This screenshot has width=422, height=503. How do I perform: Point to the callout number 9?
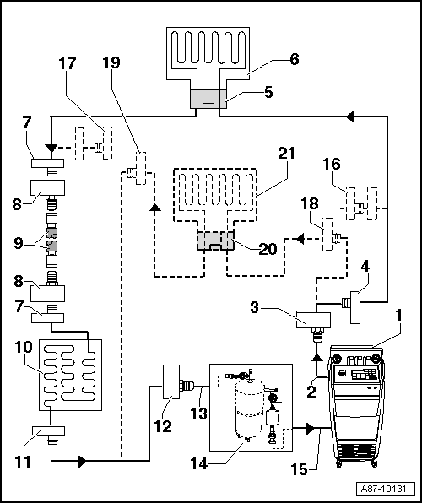coord(19,243)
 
